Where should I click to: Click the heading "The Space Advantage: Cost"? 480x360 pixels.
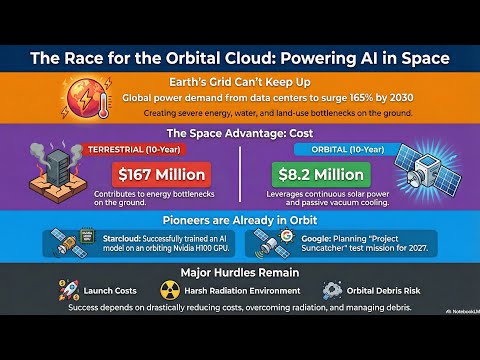(x=240, y=131)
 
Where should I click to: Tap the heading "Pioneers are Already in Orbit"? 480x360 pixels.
(x=240, y=219)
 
